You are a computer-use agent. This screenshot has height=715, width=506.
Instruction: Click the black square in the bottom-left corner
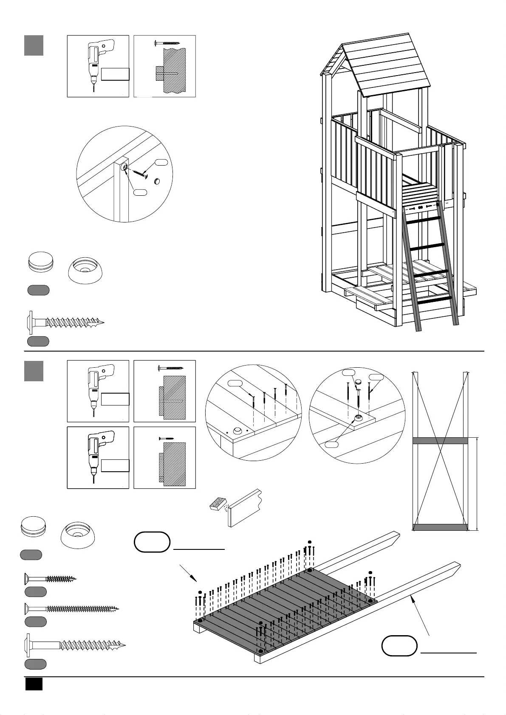(34, 684)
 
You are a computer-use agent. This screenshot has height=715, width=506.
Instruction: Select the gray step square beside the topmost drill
(34, 45)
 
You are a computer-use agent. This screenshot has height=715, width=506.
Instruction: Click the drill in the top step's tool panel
(97, 64)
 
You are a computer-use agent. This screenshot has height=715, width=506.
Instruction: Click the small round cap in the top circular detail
(157, 181)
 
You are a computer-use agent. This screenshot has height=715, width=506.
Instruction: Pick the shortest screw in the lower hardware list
(50, 578)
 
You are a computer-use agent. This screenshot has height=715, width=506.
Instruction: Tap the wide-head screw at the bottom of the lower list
(75, 645)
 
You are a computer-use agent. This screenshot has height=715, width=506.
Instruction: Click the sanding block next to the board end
(218, 504)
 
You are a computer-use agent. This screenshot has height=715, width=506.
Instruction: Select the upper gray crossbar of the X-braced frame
(440, 441)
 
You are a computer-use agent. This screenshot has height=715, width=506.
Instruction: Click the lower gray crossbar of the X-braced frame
(440, 527)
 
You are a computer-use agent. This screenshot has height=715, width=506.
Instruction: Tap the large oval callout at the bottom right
(399, 646)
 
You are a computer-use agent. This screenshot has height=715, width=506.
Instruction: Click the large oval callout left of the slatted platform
(152, 542)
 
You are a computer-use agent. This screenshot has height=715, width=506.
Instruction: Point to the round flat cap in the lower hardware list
(34, 527)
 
